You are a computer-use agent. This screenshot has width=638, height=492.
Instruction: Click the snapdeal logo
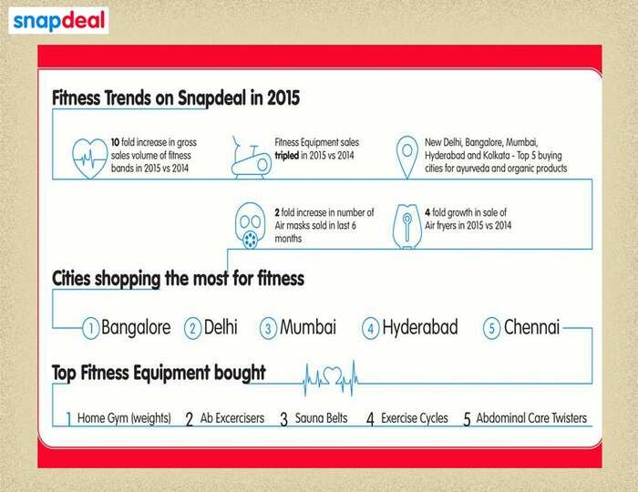58,21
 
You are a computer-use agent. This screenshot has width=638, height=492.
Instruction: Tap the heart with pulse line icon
89,159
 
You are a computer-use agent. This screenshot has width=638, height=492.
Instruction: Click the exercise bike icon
251,158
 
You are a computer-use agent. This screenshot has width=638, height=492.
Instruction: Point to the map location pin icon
406,158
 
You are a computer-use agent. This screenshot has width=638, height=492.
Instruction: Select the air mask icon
251,226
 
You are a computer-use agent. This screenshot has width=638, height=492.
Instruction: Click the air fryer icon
406,226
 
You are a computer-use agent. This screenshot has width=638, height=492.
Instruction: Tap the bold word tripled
287,156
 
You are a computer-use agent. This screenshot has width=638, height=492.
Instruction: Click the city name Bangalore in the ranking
136,327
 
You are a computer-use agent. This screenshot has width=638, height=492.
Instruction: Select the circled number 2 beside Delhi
193,328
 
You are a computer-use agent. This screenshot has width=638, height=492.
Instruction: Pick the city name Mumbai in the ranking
308,327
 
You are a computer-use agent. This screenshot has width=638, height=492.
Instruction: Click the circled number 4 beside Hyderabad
370,328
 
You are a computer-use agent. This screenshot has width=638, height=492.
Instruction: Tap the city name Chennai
531,327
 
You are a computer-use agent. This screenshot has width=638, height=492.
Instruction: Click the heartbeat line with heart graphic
331,378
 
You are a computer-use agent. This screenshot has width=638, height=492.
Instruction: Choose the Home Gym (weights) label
124,418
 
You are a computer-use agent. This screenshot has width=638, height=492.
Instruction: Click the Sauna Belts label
321,418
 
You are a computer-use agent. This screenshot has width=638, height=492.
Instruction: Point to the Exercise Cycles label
414,418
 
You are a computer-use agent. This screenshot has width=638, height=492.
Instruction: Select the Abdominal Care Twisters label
531,418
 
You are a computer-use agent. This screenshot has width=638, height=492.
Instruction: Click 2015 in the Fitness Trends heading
283,98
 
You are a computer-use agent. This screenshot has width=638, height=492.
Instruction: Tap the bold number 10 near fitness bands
115,143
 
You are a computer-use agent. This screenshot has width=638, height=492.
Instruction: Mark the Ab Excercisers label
232,418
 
